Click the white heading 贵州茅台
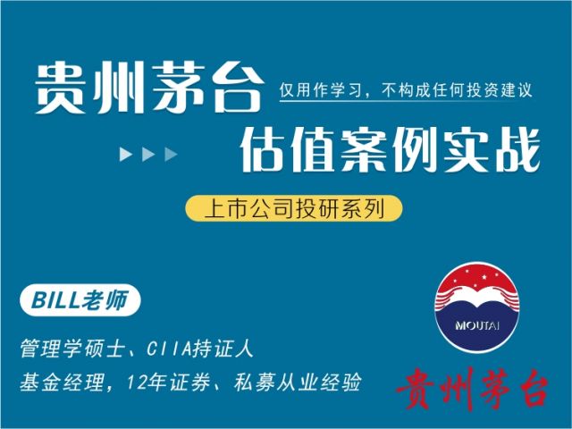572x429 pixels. [149, 88]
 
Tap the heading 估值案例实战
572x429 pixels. [390, 149]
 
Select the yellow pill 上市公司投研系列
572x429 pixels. [294, 208]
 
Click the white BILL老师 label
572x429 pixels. [80, 300]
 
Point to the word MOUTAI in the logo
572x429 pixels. [476, 325]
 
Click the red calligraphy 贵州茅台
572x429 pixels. [473, 390]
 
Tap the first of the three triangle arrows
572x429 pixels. [126, 155]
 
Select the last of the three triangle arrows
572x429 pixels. [171, 155]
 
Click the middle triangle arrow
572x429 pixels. [148, 155]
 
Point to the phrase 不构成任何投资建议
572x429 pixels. [457, 90]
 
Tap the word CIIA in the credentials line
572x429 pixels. [169, 349]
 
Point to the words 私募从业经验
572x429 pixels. [298, 383]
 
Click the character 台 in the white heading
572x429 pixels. [239, 88]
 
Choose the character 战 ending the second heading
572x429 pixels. [518, 149]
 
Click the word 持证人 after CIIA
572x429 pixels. [223, 349]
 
